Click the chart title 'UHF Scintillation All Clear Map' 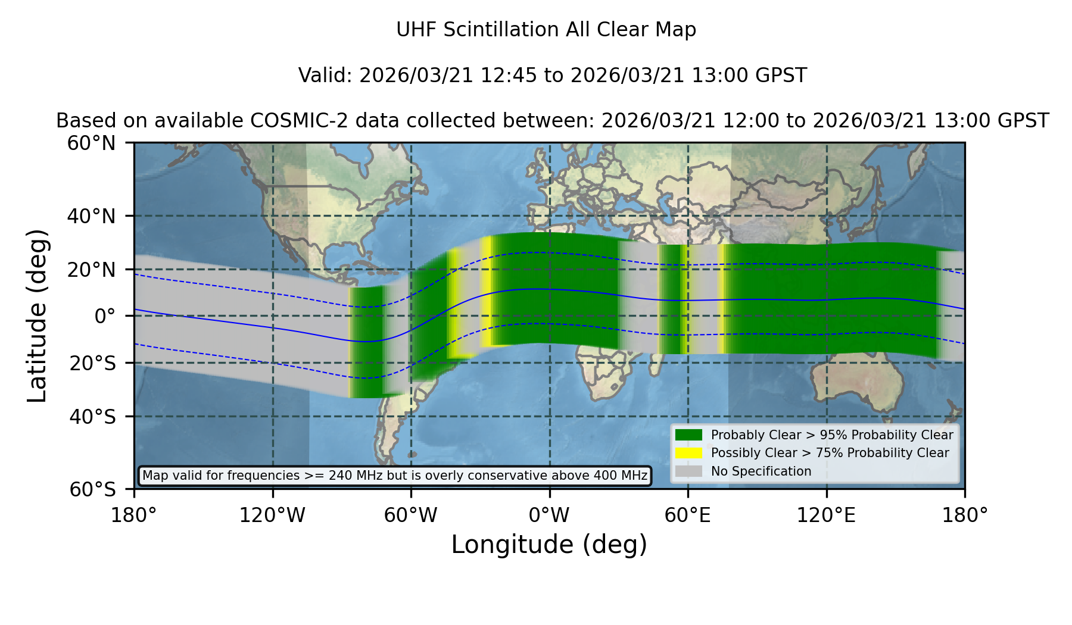click(x=546, y=30)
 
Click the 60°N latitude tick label click(x=91, y=143)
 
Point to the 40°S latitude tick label click(x=92, y=417)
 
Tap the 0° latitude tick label click(x=105, y=316)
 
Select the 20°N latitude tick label click(x=91, y=270)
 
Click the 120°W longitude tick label click(x=272, y=515)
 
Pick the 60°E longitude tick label click(x=688, y=515)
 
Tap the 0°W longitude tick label click(x=549, y=515)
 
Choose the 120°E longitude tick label click(x=827, y=515)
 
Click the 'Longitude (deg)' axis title click(x=549, y=545)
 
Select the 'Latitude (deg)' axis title click(x=37, y=315)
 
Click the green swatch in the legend click(x=688, y=435)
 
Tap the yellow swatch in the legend click(x=688, y=453)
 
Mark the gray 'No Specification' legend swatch click(x=688, y=471)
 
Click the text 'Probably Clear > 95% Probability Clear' click(x=832, y=435)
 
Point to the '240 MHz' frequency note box click(x=395, y=476)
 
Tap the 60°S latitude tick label click(x=92, y=489)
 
